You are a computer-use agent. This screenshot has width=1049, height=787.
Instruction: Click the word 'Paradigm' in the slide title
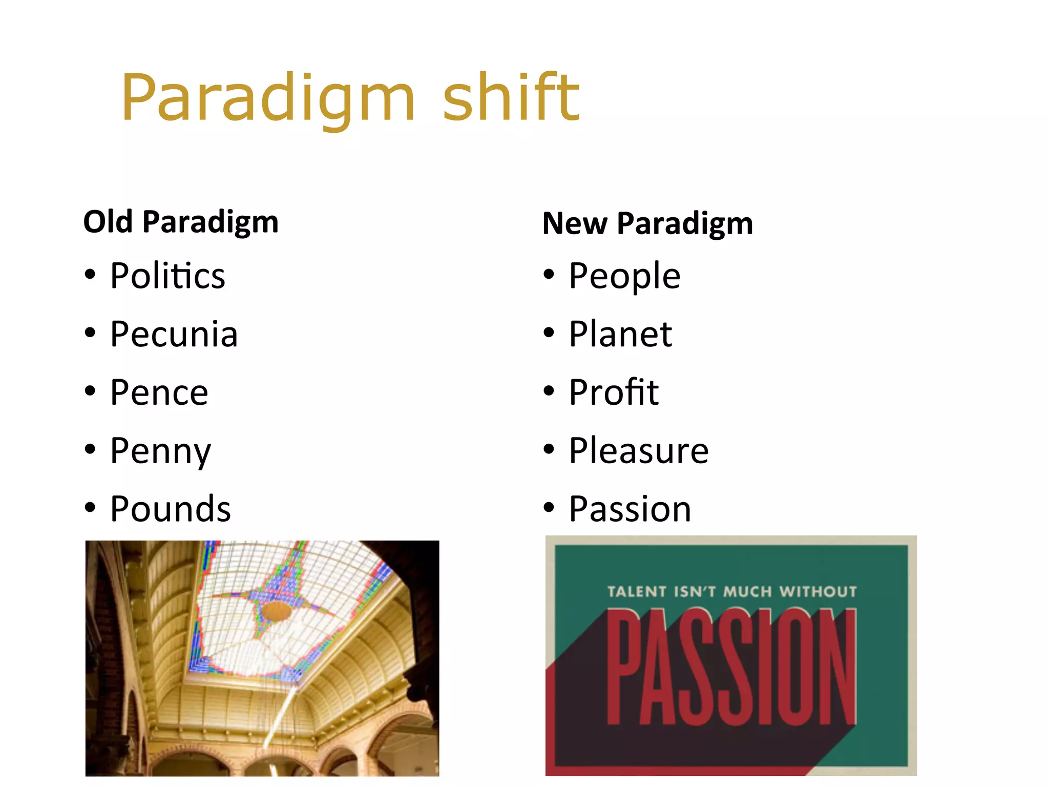[268, 98]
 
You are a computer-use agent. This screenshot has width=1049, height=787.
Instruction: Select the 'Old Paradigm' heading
[181, 222]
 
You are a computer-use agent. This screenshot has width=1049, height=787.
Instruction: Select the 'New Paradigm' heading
[647, 223]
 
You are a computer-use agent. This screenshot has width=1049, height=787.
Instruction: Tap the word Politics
[167, 276]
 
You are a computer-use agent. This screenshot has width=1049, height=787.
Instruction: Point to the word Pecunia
[174, 334]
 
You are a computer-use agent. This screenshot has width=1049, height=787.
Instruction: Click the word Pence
[159, 392]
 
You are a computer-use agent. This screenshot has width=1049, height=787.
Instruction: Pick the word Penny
[160, 451]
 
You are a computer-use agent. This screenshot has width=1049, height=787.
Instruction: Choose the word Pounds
[171, 509]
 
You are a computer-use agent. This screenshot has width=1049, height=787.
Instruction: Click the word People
[624, 276]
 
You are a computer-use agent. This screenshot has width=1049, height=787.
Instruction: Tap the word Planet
[620, 334]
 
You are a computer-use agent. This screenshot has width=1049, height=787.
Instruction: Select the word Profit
[614, 392]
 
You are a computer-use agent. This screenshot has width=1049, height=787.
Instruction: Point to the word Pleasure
[639, 451]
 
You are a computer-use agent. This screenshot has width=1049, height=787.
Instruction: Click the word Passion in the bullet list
[630, 509]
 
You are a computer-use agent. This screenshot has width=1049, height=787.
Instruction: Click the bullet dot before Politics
[90, 275]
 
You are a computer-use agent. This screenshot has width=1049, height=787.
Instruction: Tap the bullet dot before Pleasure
[549, 449]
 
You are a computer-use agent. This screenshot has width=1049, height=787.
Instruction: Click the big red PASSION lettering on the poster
[731, 666]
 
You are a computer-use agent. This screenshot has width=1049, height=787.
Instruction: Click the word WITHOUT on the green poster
[818, 592]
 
